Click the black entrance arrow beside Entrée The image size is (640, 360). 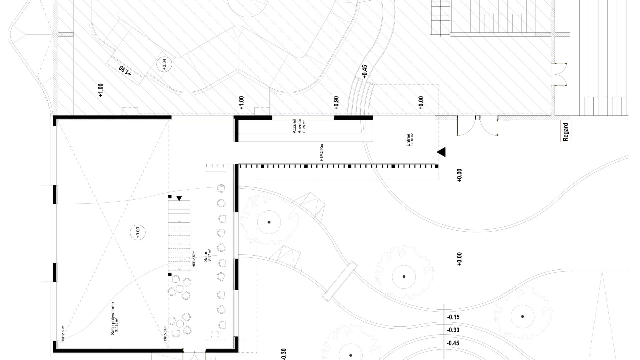tap(441, 152)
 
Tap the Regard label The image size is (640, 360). tap(565, 132)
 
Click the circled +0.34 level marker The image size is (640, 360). tap(164, 64)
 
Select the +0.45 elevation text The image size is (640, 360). tap(364, 71)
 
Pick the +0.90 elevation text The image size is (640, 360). tap(336, 103)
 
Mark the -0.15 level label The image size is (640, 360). tap(453, 317)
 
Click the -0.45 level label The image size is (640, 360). tap(453, 343)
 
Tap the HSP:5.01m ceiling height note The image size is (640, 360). tap(165, 334)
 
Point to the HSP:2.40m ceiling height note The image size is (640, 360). tap(322, 153)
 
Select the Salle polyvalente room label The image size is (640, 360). tap(114, 318)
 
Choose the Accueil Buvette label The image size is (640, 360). tap(297, 126)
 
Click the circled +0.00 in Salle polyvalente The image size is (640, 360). tap(138, 232)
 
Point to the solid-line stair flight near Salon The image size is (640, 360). tap(179, 211)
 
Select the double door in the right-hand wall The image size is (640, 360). tap(560, 74)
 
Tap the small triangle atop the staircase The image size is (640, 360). tap(179, 198)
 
